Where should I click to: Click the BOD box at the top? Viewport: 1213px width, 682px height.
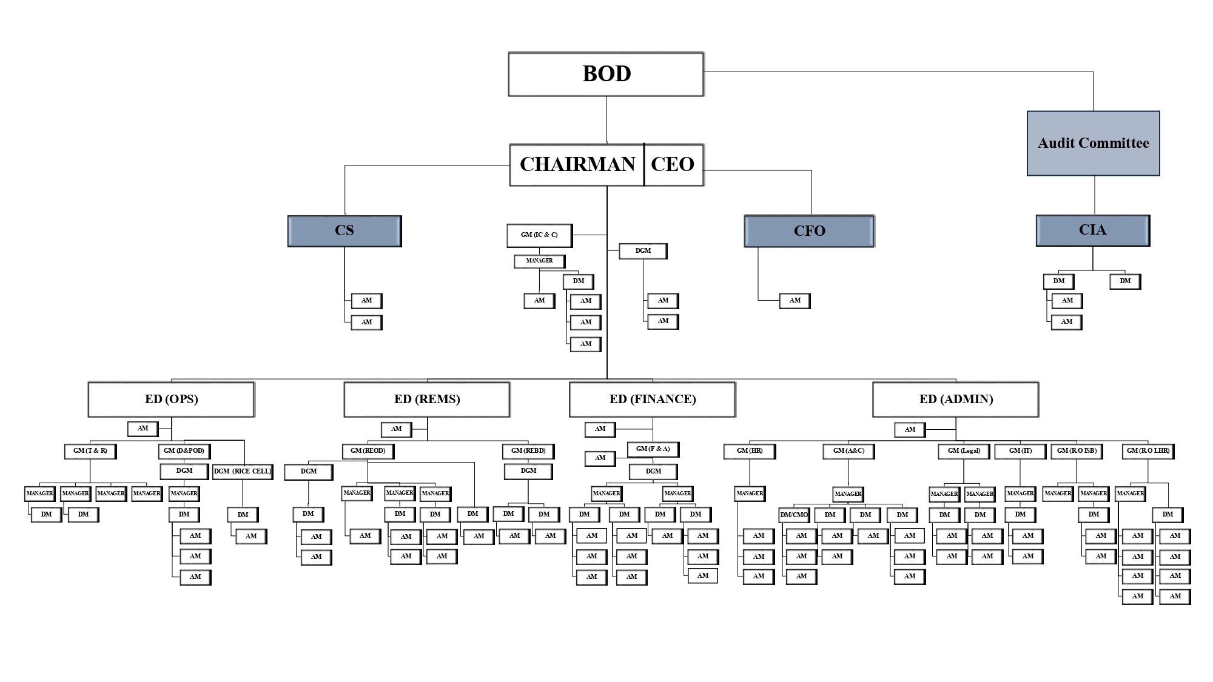coord(606,74)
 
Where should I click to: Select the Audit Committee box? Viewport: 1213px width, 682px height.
coord(1093,143)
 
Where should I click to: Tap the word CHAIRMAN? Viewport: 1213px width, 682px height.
coord(577,164)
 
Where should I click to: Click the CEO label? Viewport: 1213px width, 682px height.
coord(673,164)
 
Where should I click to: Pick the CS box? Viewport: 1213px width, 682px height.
coord(344,231)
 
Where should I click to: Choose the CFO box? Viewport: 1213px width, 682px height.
coord(809,231)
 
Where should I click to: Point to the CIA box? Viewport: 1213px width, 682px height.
coord(1092,230)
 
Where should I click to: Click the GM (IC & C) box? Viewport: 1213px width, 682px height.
coord(539,235)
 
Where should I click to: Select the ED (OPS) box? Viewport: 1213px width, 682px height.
coord(171,399)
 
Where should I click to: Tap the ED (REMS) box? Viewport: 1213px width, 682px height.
coord(427,399)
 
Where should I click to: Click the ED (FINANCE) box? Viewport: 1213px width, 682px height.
coord(653,399)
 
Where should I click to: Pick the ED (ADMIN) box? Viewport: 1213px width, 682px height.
coord(956,399)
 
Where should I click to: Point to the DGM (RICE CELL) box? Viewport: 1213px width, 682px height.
coord(243,471)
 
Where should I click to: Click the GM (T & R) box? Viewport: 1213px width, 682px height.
coord(90,451)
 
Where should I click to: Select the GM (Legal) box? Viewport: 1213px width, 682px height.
coord(964,451)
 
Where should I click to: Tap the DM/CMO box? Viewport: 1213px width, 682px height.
coord(794,515)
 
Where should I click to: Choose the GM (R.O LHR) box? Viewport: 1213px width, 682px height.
coord(1147,451)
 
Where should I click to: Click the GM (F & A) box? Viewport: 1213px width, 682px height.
coord(653,449)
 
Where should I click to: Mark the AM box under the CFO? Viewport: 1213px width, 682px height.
coord(795,301)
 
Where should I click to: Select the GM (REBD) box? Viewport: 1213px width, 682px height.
coord(528,451)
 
